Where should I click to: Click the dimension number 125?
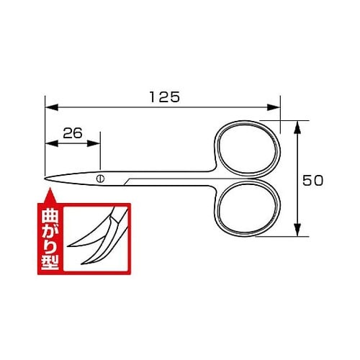[x=165, y=97]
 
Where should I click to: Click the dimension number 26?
[x=73, y=133]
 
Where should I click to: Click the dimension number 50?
[x=312, y=181]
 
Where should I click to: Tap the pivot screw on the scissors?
[x=100, y=179]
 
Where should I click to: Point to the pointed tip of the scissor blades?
[x=45, y=179]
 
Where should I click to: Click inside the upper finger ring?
[x=248, y=150]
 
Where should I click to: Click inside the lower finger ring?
[x=248, y=208]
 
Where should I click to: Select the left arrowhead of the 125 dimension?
[x=52, y=107]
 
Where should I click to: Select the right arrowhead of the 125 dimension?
[x=274, y=107]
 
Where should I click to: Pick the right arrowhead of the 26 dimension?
[x=94, y=143]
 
